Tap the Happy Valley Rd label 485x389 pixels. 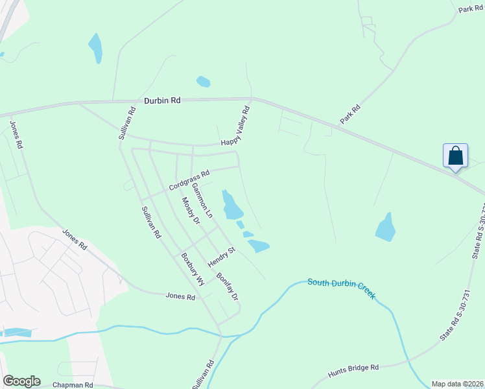pyautogui.click(x=235, y=126)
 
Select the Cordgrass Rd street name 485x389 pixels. pyautogui.click(x=189, y=180)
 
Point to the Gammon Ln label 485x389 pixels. pyautogui.click(x=202, y=199)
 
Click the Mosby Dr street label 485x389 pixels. pyautogui.click(x=191, y=210)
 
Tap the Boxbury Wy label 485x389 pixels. pyautogui.click(x=193, y=268)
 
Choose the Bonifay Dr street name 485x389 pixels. pyautogui.click(x=228, y=286)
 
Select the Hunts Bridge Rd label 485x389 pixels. pyautogui.click(x=353, y=368)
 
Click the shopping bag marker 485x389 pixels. pyautogui.click(x=455, y=156)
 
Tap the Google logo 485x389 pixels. pyautogui.click(x=21, y=381)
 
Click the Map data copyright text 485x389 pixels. pyautogui.click(x=457, y=384)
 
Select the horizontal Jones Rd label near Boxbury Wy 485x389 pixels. pyautogui.click(x=180, y=296)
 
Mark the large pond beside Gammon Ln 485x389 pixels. pyautogui.click(x=231, y=205)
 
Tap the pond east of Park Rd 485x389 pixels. pyautogui.click(x=386, y=226)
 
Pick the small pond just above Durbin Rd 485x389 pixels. pyautogui.click(x=203, y=82)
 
